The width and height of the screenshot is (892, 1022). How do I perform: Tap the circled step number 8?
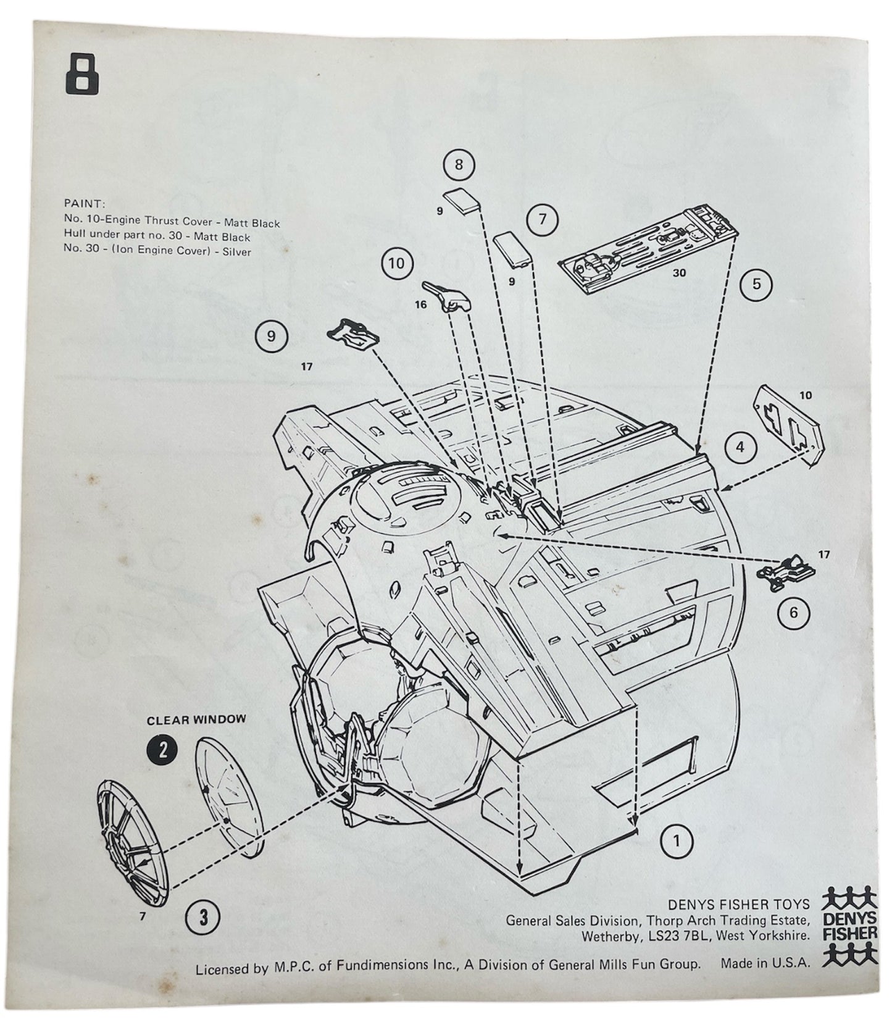(458, 165)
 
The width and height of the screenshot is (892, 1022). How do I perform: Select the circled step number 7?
(543, 219)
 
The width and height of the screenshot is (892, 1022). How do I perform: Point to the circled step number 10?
(396, 264)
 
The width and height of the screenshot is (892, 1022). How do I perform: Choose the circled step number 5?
(757, 285)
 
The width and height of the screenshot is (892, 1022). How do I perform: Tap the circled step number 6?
(793, 612)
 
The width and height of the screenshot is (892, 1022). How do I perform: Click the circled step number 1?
(677, 840)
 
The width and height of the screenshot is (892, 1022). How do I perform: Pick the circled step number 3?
(204, 917)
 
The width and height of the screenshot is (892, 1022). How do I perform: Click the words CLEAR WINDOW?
(196, 719)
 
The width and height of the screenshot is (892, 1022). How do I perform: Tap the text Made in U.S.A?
(765, 964)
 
